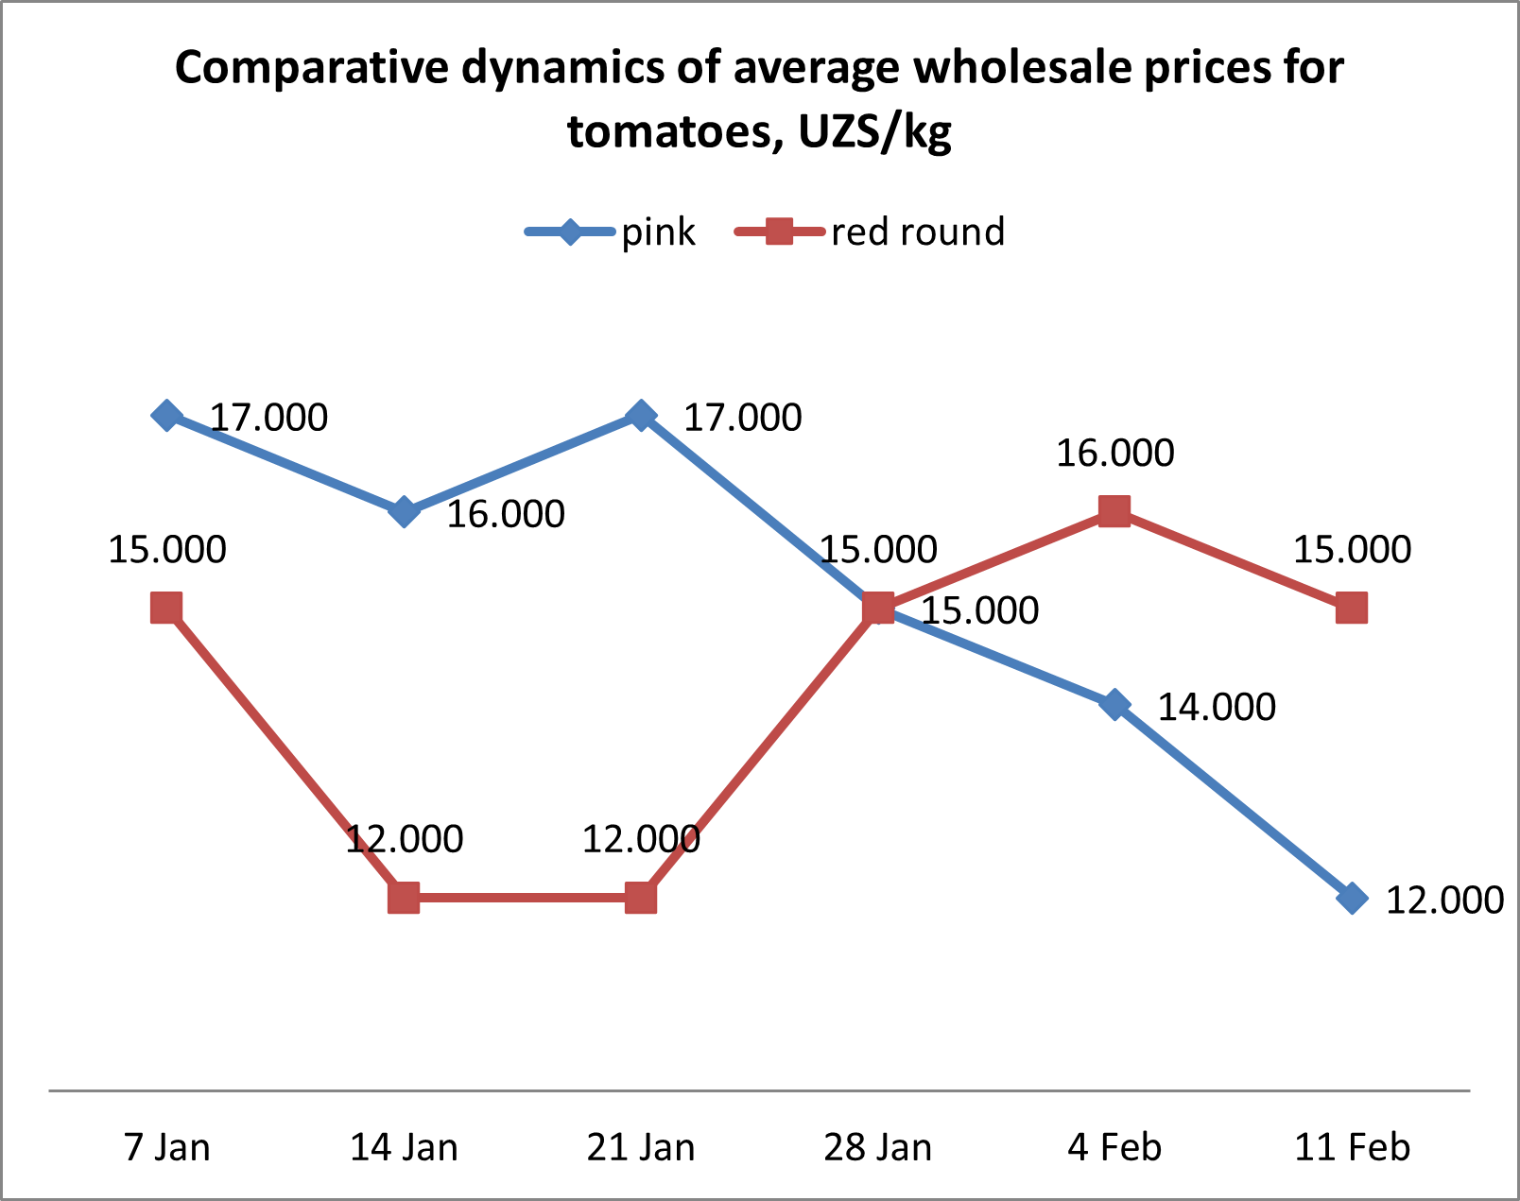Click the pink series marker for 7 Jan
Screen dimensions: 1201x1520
tap(166, 415)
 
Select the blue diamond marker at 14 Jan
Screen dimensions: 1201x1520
tap(404, 512)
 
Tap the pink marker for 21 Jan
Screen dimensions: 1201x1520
tap(641, 415)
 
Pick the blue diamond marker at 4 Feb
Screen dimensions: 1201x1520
tap(1115, 705)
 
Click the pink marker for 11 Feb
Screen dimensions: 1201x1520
tap(1353, 898)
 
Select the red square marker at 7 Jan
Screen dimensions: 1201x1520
tap(166, 609)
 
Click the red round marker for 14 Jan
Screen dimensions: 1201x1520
tap(404, 898)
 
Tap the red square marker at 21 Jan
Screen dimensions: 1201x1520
tap(641, 898)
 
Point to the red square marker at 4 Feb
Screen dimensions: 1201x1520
tap(1115, 512)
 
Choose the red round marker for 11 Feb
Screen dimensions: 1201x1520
tap(1353, 609)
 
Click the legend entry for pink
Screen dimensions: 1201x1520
tap(614, 232)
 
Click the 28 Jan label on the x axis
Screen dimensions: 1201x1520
tap(877, 1147)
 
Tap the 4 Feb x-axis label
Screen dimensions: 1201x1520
tap(1114, 1147)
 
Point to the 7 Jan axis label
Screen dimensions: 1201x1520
tap(167, 1147)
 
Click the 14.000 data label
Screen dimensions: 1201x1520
tap(1217, 707)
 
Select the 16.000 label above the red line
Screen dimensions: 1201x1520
tap(1114, 454)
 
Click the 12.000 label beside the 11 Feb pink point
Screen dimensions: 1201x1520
tap(1443, 900)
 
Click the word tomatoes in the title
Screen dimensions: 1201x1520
tap(674, 131)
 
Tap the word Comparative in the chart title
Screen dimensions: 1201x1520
tap(310, 68)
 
